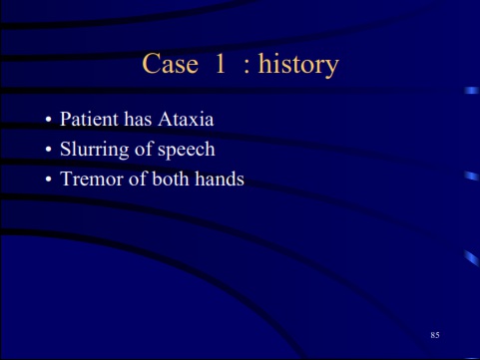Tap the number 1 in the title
pos(221,65)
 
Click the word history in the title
pos(298,66)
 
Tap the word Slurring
pos(93,151)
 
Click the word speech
pos(187,152)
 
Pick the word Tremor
pos(89,180)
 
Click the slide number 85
pos(434,334)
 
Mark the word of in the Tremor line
pos(136,180)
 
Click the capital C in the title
pos(153,65)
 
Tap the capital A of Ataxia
pos(167,120)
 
